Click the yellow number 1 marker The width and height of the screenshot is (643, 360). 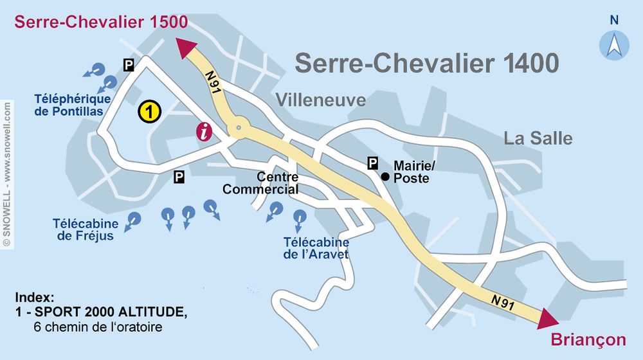pos(149,112)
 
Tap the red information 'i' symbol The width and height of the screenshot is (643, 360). pos(204,132)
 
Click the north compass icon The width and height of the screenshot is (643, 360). pos(614,45)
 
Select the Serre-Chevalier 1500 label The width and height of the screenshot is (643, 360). pos(101,22)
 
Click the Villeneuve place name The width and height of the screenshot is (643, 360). pos(321,100)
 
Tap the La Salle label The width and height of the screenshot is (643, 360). pos(538,138)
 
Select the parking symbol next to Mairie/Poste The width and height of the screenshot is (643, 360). pos(373,163)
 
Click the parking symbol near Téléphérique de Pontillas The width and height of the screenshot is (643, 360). pos(129,64)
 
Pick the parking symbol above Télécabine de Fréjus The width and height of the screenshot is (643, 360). pos(179,176)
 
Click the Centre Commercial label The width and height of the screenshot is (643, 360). pos(260,183)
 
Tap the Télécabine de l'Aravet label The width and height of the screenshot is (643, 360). pos(316,248)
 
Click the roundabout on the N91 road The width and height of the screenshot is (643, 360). pos(239,128)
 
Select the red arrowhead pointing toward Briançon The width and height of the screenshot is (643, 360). pos(548,319)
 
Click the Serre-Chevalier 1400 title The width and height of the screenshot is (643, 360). pos(426,63)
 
